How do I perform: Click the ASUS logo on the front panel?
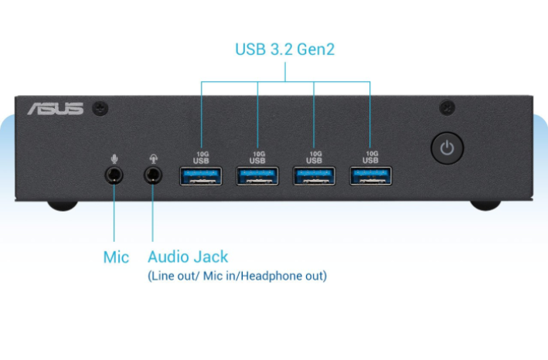[55, 108]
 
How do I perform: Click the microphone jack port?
[115, 174]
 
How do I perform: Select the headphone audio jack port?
[155, 175]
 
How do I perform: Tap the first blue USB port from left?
[201, 177]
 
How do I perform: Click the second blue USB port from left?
[257, 177]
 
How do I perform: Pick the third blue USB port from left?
[314, 177]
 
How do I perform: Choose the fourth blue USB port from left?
[370, 177]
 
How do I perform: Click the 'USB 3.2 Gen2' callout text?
[285, 50]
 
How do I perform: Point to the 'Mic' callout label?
[116, 257]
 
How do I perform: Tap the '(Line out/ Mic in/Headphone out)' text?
[237, 276]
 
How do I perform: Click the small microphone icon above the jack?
[115, 158]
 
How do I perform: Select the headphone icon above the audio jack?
[155, 158]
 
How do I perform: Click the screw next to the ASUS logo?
[100, 108]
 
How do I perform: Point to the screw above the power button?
[447, 107]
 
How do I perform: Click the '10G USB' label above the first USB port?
[201, 157]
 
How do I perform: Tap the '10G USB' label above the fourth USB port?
[371, 157]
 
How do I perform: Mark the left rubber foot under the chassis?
[62, 205]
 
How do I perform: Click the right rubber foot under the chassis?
[485, 205]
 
